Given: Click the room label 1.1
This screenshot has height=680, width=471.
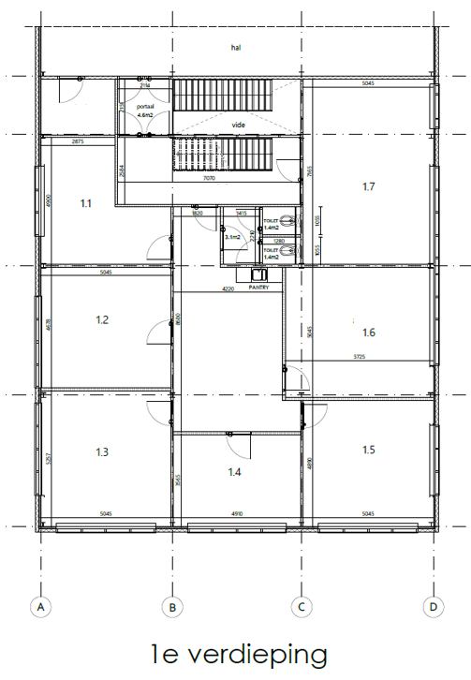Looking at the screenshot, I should click(85, 202).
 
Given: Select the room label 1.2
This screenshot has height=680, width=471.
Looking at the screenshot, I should click(103, 320).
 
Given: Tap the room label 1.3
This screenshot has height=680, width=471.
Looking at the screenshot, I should click(103, 452).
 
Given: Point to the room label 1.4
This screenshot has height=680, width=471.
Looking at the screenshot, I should click(234, 472).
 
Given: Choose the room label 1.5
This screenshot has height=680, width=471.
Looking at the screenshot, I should click(368, 451).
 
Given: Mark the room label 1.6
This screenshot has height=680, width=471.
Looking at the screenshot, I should click(368, 332).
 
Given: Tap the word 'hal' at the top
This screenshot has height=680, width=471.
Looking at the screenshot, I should click(236, 46).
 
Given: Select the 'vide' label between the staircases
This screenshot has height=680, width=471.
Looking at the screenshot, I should click(239, 124).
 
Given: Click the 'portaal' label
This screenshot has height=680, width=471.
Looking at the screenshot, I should click(145, 108).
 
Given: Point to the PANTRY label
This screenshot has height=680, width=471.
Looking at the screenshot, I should click(258, 288).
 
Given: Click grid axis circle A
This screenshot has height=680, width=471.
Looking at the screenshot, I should click(39, 607).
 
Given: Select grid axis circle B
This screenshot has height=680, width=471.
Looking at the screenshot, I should click(170, 607).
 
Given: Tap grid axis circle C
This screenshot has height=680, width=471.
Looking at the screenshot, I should click(301, 607).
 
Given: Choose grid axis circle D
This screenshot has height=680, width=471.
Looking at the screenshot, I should click(432, 607).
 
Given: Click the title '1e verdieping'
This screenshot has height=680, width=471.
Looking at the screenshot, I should click(238, 654).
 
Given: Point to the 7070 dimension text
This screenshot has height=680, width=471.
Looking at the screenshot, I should click(209, 178).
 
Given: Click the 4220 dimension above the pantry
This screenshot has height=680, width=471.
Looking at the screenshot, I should click(228, 289).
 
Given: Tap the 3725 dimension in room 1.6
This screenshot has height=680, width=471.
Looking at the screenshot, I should click(360, 357).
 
